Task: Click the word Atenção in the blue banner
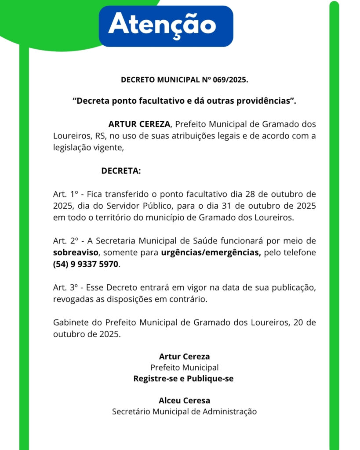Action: click(x=162, y=25)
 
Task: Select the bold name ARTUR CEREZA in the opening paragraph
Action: click(x=139, y=124)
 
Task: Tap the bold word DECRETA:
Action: click(x=121, y=171)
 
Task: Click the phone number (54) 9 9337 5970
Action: click(x=86, y=265)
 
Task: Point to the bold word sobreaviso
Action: click(x=76, y=253)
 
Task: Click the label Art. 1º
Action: click(x=65, y=194)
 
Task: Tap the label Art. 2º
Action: click(x=65, y=241)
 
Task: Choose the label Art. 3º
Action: click(x=65, y=288)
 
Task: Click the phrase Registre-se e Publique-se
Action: click(x=183, y=378)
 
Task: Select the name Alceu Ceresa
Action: click(x=184, y=400)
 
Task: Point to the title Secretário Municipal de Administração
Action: click(x=184, y=412)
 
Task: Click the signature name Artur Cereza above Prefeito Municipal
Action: click(x=184, y=356)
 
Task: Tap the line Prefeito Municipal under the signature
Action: click(x=184, y=367)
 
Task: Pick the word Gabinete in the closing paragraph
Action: click(x=70, y=323)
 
